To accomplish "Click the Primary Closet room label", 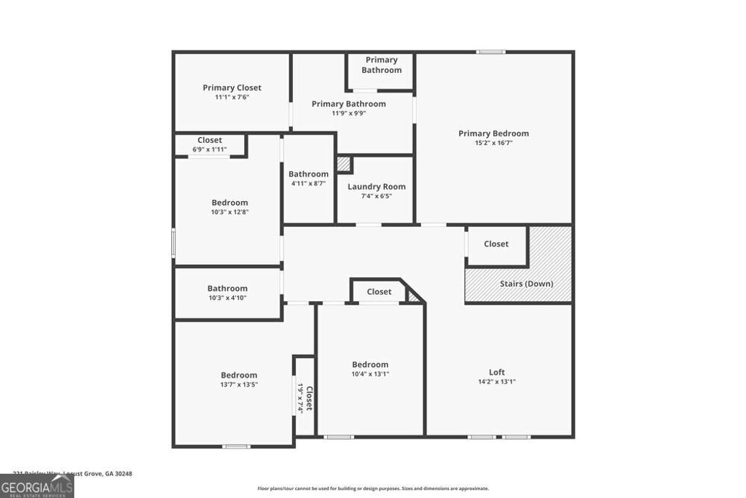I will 232,87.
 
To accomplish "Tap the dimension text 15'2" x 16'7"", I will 493,143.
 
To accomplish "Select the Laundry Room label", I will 376,187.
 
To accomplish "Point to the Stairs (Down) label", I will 526,284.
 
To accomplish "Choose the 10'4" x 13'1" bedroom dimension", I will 370,374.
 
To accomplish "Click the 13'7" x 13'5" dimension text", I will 239,384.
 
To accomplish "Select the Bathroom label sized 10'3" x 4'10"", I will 227,288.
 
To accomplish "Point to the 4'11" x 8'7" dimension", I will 308,183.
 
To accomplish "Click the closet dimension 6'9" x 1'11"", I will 210,149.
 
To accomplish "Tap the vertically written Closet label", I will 309,398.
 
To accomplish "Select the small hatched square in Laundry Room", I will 344,164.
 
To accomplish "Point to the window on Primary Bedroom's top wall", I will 491,52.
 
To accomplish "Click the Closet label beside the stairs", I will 496,244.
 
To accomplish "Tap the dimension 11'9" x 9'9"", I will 348,113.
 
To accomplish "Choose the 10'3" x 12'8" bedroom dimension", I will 229,212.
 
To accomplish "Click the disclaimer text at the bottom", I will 373,489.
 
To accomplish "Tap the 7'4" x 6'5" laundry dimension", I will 376,195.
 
